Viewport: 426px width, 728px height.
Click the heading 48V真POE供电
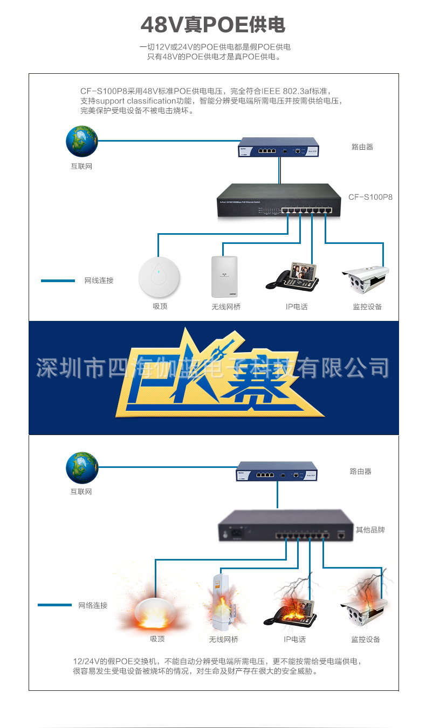pos(213,25)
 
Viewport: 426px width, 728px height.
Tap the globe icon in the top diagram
pos(81,142)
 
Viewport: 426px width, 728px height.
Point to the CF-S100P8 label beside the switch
pos(370,197)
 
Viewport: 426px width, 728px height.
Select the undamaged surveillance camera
pos(365,278)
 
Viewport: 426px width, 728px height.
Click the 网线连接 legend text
pos(99,281)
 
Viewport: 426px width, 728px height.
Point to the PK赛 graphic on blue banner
pos(216,374)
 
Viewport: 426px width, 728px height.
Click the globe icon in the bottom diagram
pos(82,467)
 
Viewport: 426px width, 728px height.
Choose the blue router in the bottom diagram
pos(277,471)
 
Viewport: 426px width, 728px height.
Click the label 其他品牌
pos(370,530)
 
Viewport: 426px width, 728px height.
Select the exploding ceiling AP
pos(156,612)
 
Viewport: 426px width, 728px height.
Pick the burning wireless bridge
pos(223,606)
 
